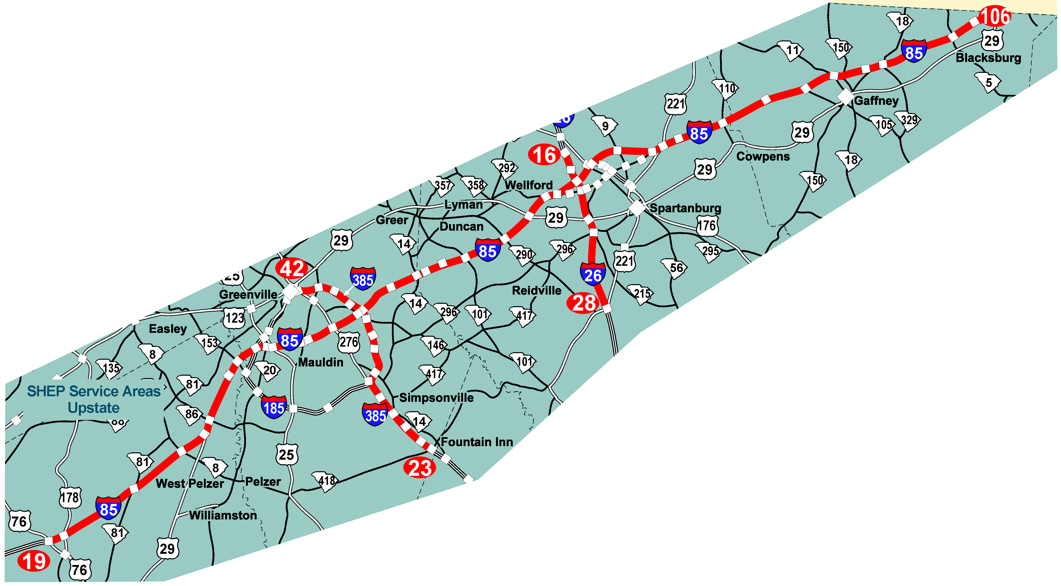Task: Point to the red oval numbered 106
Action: pyautogui.click(x=994, y=16)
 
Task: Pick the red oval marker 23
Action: pyautogui.click(x=420, y=468)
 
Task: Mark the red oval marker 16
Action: pyautogui.click(x=544, y=155)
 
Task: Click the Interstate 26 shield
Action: pyautogui.click(x=593, y=274)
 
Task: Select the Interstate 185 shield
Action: pyautogui.click(x=274, y=407)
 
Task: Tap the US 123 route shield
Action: pyautogui.click(x=234, y=318)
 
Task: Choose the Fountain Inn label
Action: pyautogui.click(x=477, y=442)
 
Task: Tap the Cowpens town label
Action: pyautogui.click(x=763, y=157)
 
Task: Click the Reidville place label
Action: pyautogui.click(x=536, y=291)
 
